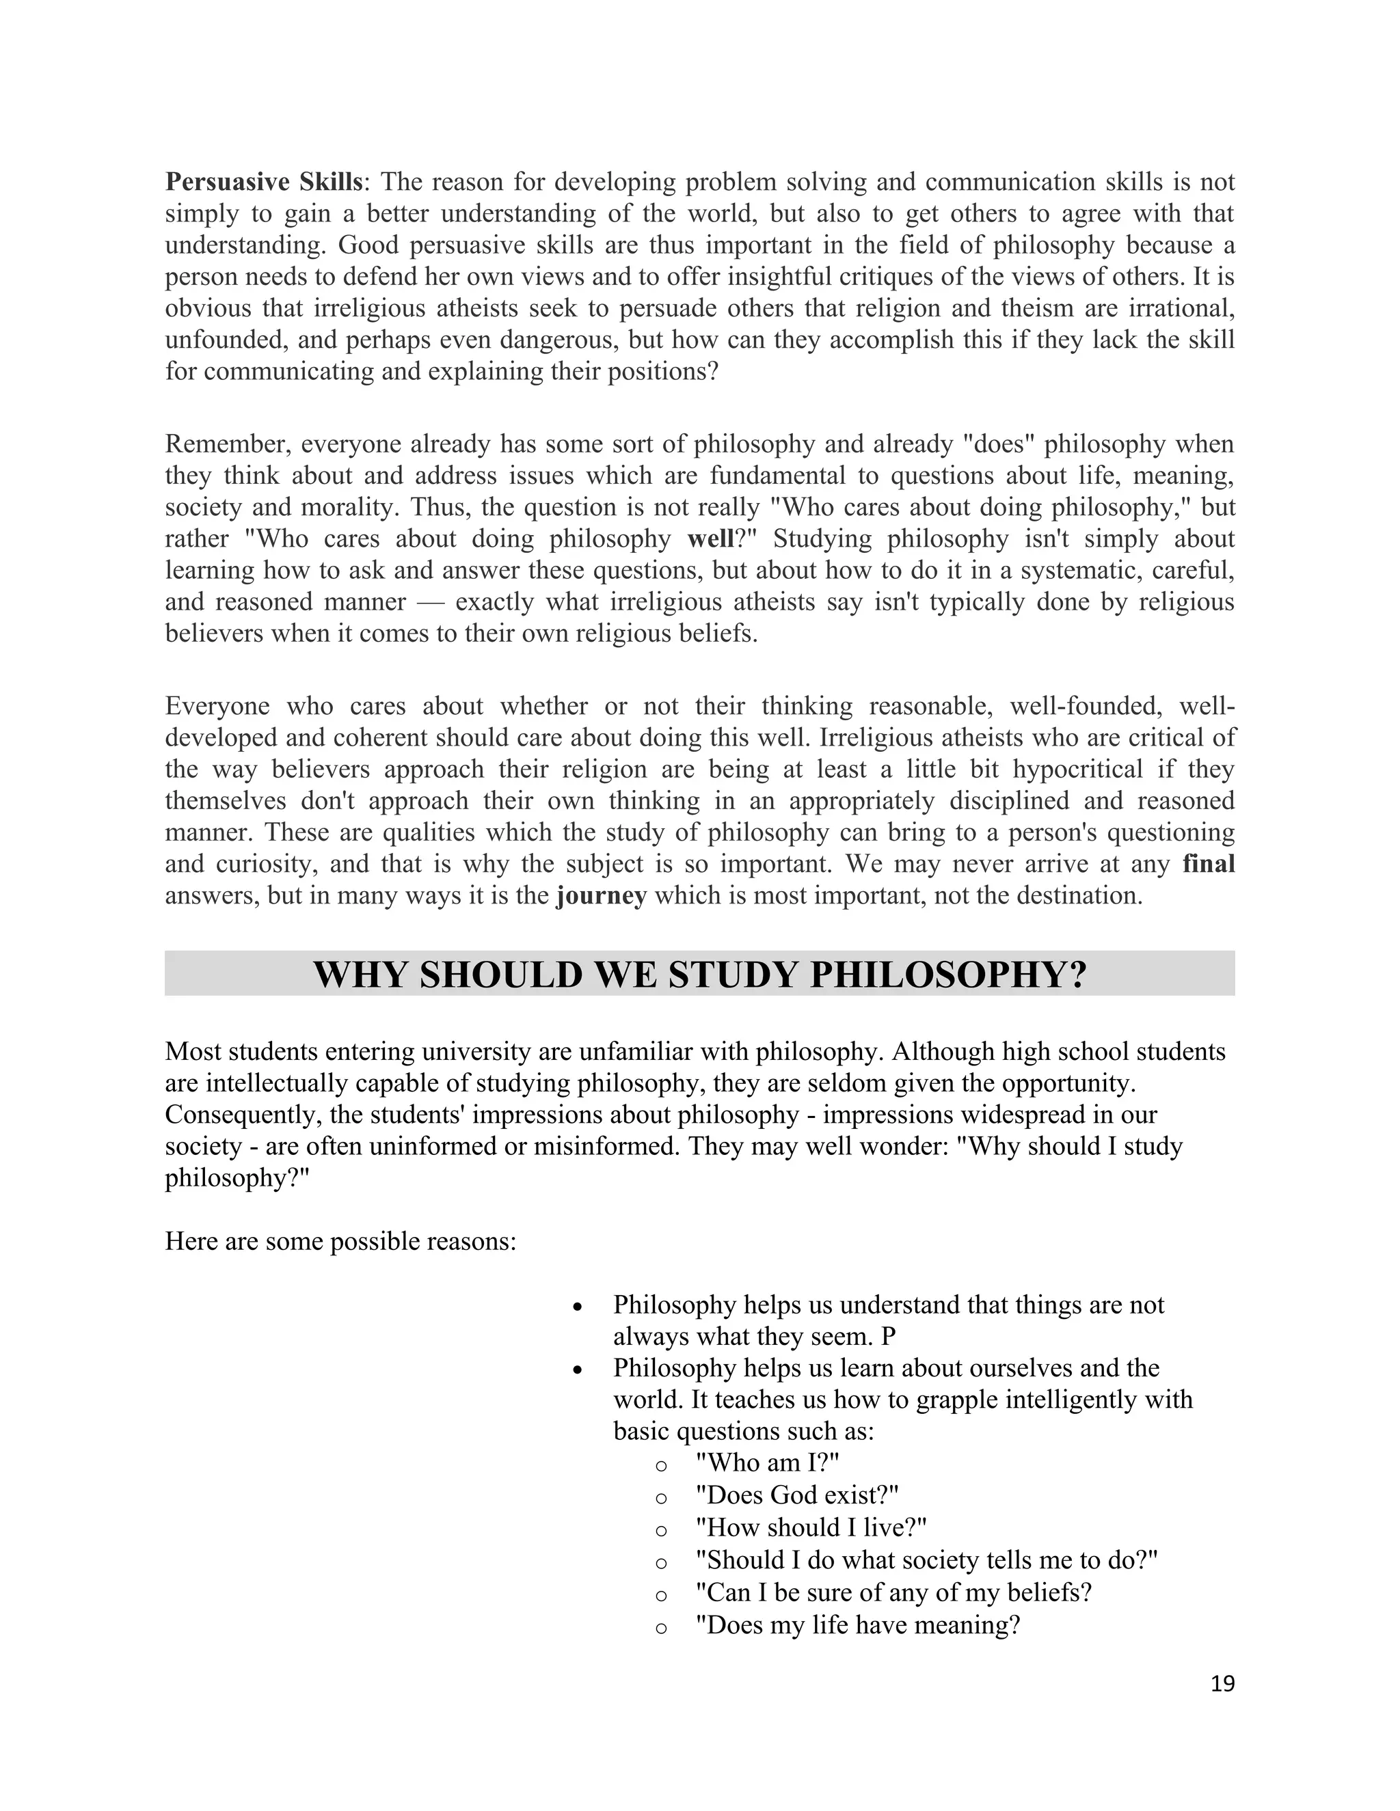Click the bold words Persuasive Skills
pos(264,182)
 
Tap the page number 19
pos(1222,1683)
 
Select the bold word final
pos(1209,864)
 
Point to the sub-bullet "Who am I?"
pos(768,1464)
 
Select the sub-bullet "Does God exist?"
pos(797,1495)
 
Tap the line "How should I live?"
pos(810,1527)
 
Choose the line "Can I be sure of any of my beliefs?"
pos(893,1592)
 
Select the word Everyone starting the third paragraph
pos(217,707)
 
